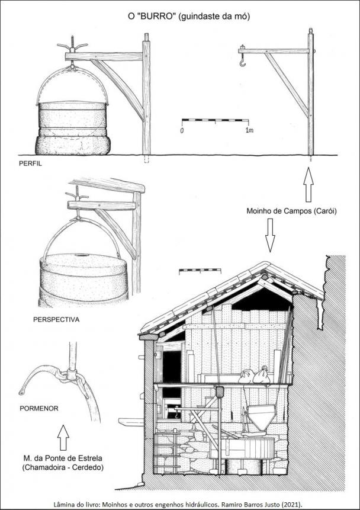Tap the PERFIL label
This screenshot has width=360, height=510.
30,163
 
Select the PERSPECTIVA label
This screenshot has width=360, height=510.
56,319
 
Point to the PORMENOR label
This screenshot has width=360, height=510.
39,408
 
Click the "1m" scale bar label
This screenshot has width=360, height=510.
249,130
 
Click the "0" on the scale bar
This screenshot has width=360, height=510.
182,131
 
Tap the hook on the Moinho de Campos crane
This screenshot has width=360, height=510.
242,60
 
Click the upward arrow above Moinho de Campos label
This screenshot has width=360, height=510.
308,184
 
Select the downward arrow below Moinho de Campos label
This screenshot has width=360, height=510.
270,235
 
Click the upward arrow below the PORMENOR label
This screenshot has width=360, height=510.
63,438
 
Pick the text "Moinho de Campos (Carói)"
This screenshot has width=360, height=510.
291,211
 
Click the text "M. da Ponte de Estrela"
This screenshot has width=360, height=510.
63,458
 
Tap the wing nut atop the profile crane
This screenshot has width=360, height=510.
72,46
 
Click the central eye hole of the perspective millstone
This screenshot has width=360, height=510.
80,255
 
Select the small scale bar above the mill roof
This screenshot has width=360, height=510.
200,271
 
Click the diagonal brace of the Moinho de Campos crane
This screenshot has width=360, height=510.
287,85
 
